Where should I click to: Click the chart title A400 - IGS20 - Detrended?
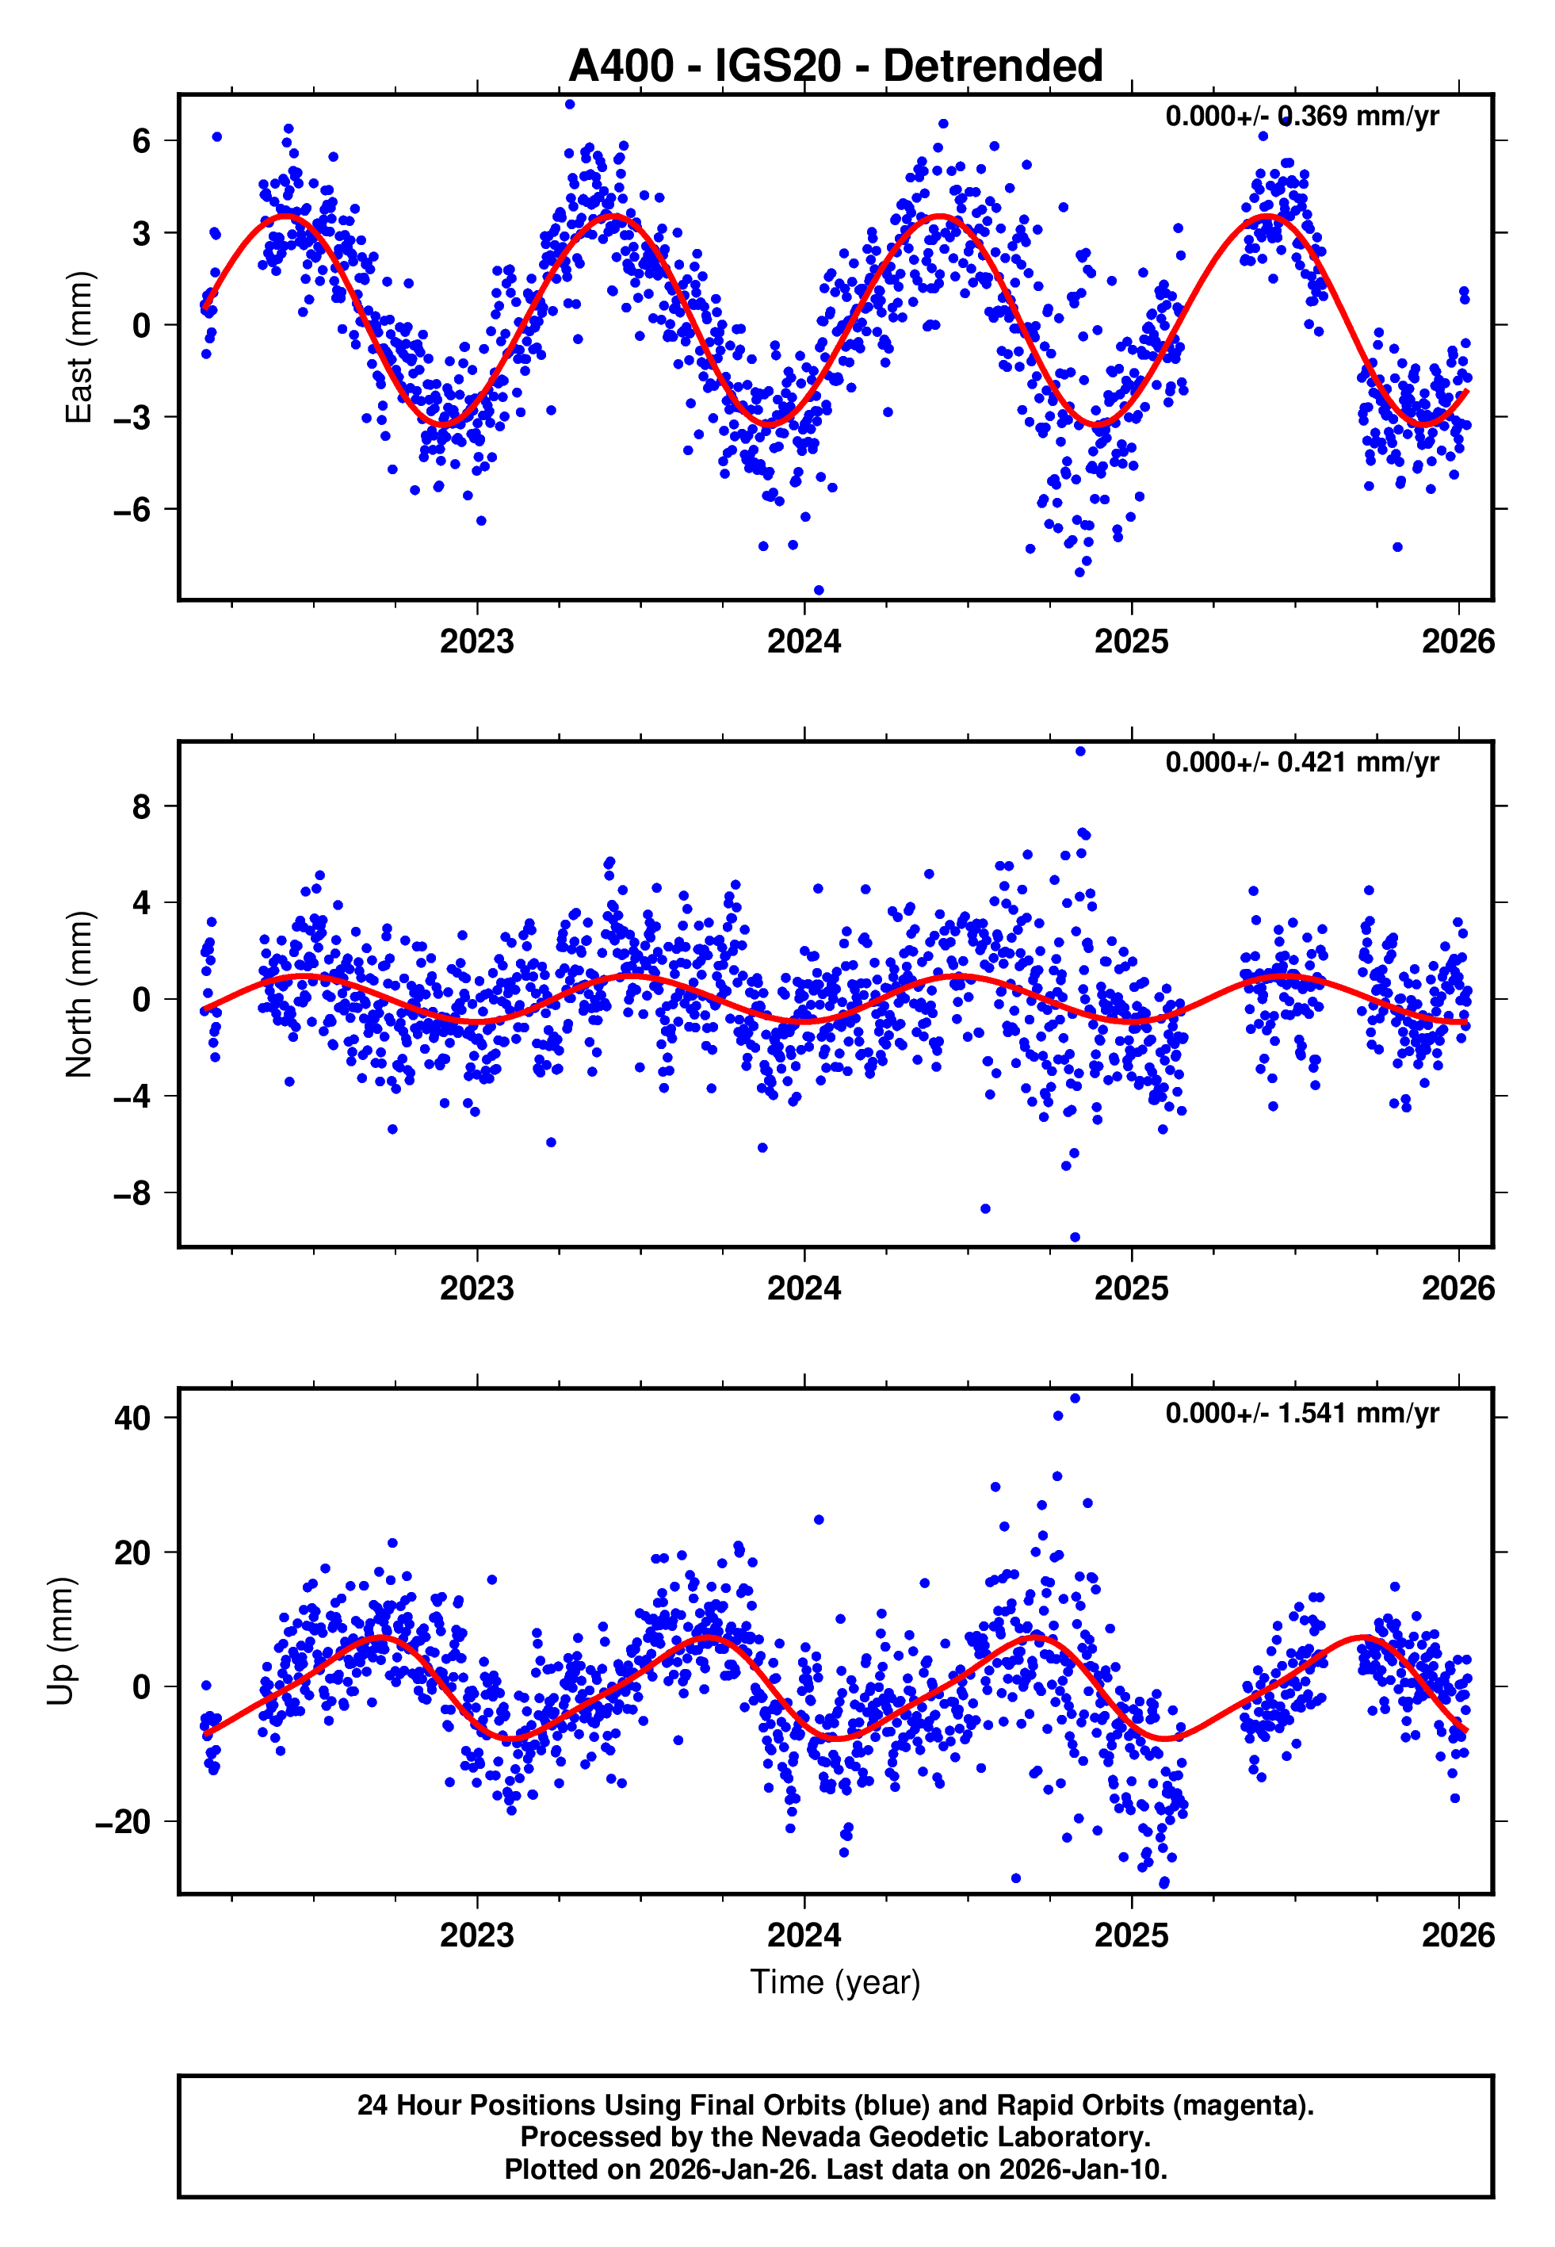click(x=835, y=67)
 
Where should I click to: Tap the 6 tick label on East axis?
click(x=142, y=141)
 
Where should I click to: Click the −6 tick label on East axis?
click(x=132, y=510)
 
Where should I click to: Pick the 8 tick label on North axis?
click(x=142, y=807)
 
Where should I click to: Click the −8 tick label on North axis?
click(x=132, y=1193)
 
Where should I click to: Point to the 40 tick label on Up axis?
click(x=132, y=1418)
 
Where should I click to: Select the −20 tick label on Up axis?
click(x=123, y=1822)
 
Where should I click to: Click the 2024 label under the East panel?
click(x=804, y=642)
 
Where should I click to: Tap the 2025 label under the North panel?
click(x=1130, y=1288)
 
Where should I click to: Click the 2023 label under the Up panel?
click(x=476, y=1935)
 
